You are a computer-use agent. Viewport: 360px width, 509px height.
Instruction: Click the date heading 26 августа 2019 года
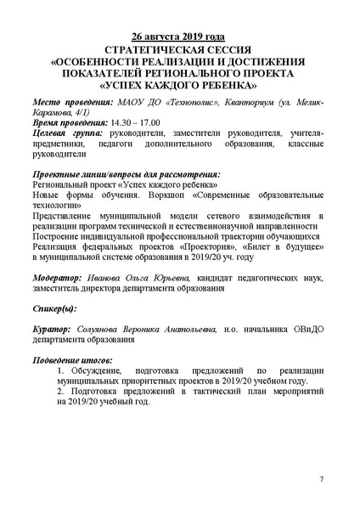tap(179, 37)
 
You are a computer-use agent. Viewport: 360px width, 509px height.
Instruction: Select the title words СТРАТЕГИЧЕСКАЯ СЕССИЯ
tap(179, 49)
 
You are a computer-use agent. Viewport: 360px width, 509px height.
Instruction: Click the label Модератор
tap(58, 277)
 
